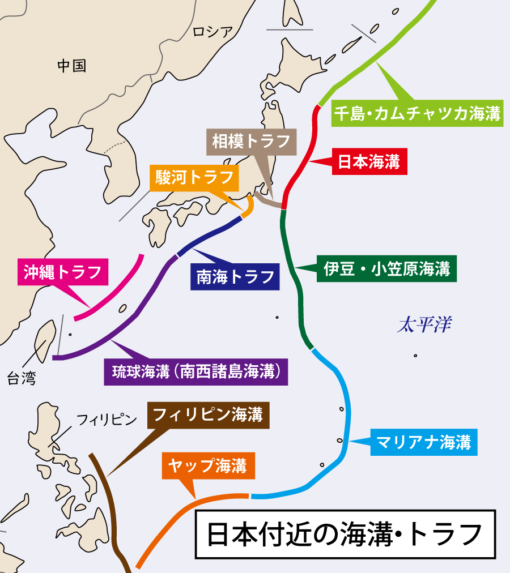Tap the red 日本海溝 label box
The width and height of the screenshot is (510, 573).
pos(369,162)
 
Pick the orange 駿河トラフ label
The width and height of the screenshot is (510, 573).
pos(194,177)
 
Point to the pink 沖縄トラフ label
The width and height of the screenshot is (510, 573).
pos(62,272)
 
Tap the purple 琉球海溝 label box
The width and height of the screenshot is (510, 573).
pos(196,372)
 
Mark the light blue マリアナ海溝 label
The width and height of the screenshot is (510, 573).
pos(424,442)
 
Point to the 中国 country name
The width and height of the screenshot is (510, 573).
pos(72,66)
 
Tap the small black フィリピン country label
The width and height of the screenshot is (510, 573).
pos(107,420)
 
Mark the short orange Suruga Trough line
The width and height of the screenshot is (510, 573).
pos(248,207)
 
